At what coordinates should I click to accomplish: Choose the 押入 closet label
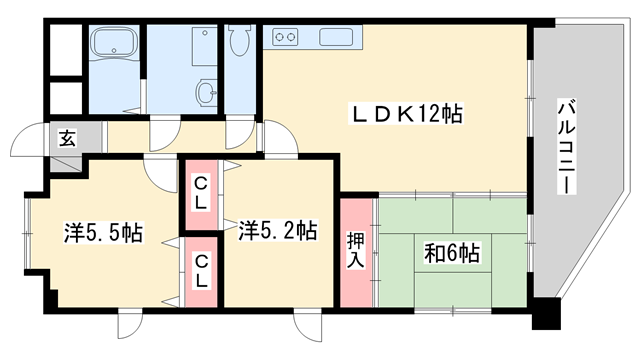coord(355,250)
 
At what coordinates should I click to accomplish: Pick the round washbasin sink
coord(206,93)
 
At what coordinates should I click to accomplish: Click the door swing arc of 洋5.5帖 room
coord(160,172)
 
